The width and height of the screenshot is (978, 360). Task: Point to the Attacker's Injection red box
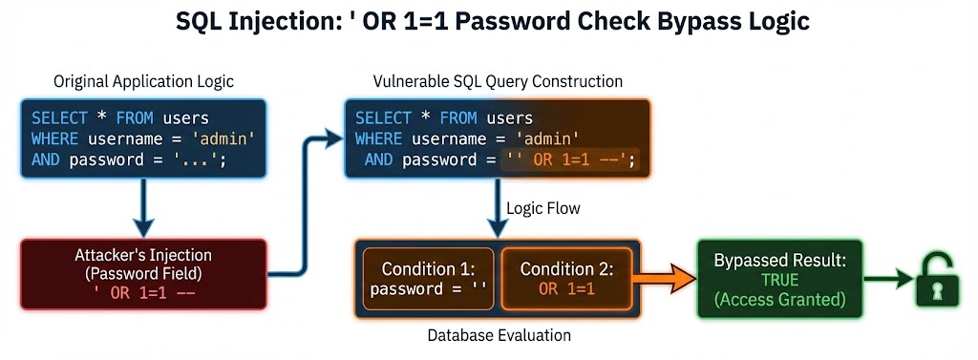(143, 274)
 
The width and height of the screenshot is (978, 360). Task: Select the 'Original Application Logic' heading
(143, 81)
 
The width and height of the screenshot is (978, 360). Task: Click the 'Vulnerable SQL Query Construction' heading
(497, 81)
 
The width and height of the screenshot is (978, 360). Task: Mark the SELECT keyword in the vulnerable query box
(384, 118)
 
